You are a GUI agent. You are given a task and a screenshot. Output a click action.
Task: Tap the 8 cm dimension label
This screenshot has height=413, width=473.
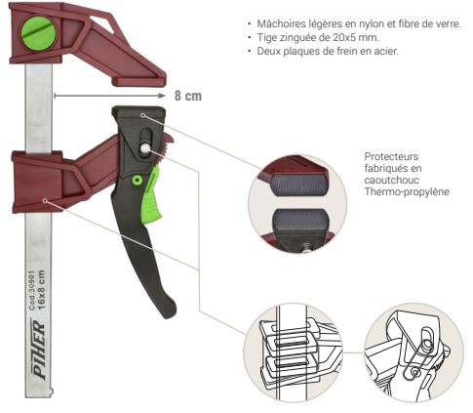[x=188, y=96]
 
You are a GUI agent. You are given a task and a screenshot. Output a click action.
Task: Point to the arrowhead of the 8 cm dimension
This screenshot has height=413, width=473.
[x=162, y=96]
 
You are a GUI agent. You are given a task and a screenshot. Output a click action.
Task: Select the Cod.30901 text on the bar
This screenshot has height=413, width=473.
[x=32, y=290]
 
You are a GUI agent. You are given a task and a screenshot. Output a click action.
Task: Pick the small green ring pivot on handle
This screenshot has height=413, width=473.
[x=138, y=181]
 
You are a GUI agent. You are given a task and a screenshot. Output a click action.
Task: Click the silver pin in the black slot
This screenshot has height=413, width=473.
[x=145, y=148]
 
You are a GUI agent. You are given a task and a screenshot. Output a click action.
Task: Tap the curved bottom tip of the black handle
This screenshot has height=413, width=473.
[x=170, y=310]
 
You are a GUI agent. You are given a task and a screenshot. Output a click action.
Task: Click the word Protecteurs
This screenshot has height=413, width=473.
[x=391, y=156]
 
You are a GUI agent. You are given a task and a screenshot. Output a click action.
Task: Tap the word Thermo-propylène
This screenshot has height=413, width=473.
[x=407, y=191]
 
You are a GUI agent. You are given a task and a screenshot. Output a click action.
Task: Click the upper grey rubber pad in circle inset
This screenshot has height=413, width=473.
[x=298, y=185]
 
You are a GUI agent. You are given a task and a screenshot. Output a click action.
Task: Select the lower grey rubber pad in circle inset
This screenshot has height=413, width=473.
[x=300, y=220]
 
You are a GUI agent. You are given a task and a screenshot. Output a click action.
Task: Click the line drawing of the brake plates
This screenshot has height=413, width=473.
[x=294, y=352]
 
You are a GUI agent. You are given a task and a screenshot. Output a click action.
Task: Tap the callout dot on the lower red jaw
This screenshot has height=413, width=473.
[x=45, y=201]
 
